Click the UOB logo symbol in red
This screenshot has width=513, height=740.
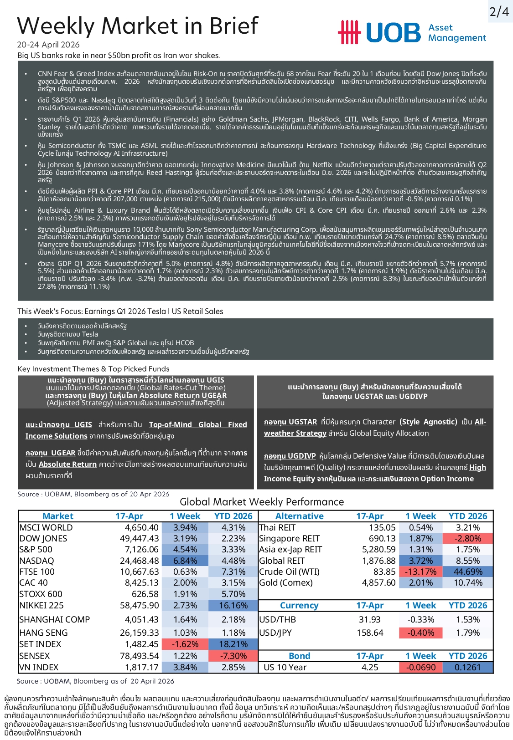coord(349,32)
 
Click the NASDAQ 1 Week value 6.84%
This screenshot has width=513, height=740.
coord(185,561)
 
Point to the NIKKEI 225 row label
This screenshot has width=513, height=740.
coord(41,605)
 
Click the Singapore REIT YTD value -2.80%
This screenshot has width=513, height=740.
coord(468,538)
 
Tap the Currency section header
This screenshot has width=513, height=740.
coord(299,605)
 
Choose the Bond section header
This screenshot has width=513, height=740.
coord(299,656)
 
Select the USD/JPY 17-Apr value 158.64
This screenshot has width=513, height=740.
coord(370,633)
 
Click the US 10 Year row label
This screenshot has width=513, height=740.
coord(285,667)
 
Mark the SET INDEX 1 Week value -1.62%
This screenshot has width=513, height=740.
coord(185,644)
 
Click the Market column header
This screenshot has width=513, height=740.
coord(58,516)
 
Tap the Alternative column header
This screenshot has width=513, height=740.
coord(299,516)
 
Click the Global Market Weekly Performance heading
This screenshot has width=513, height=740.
coord(262,502)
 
